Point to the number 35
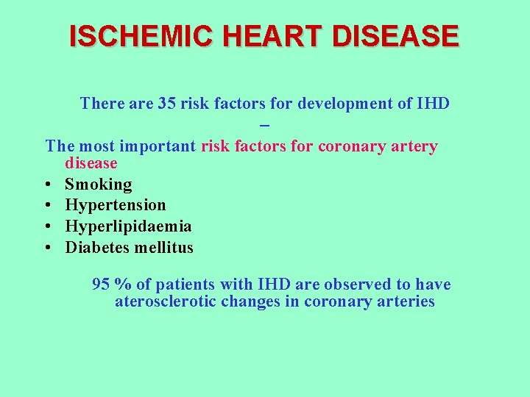click(166, 104)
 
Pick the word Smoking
click(99, 185)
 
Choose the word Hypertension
click(116, 205)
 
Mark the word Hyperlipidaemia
click(128, 226)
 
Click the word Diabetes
click(97, 248)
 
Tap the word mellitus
click(163, 248)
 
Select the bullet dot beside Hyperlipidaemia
click(47, 227)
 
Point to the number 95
click(101, 285)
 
